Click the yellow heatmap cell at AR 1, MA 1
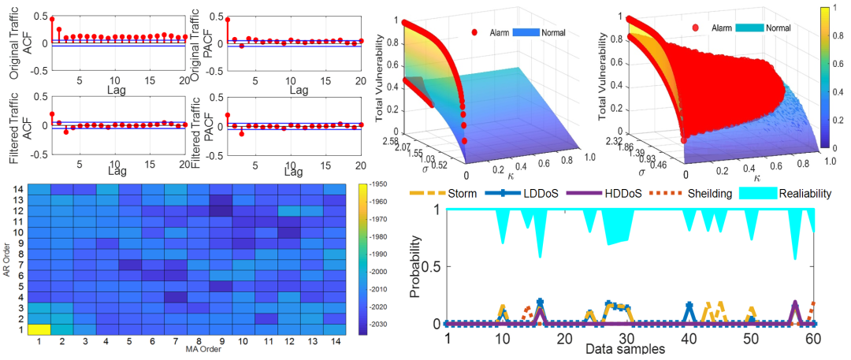tap(39, 329)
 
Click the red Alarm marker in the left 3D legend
tap(474, 32)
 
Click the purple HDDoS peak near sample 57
tap(795, 303)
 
